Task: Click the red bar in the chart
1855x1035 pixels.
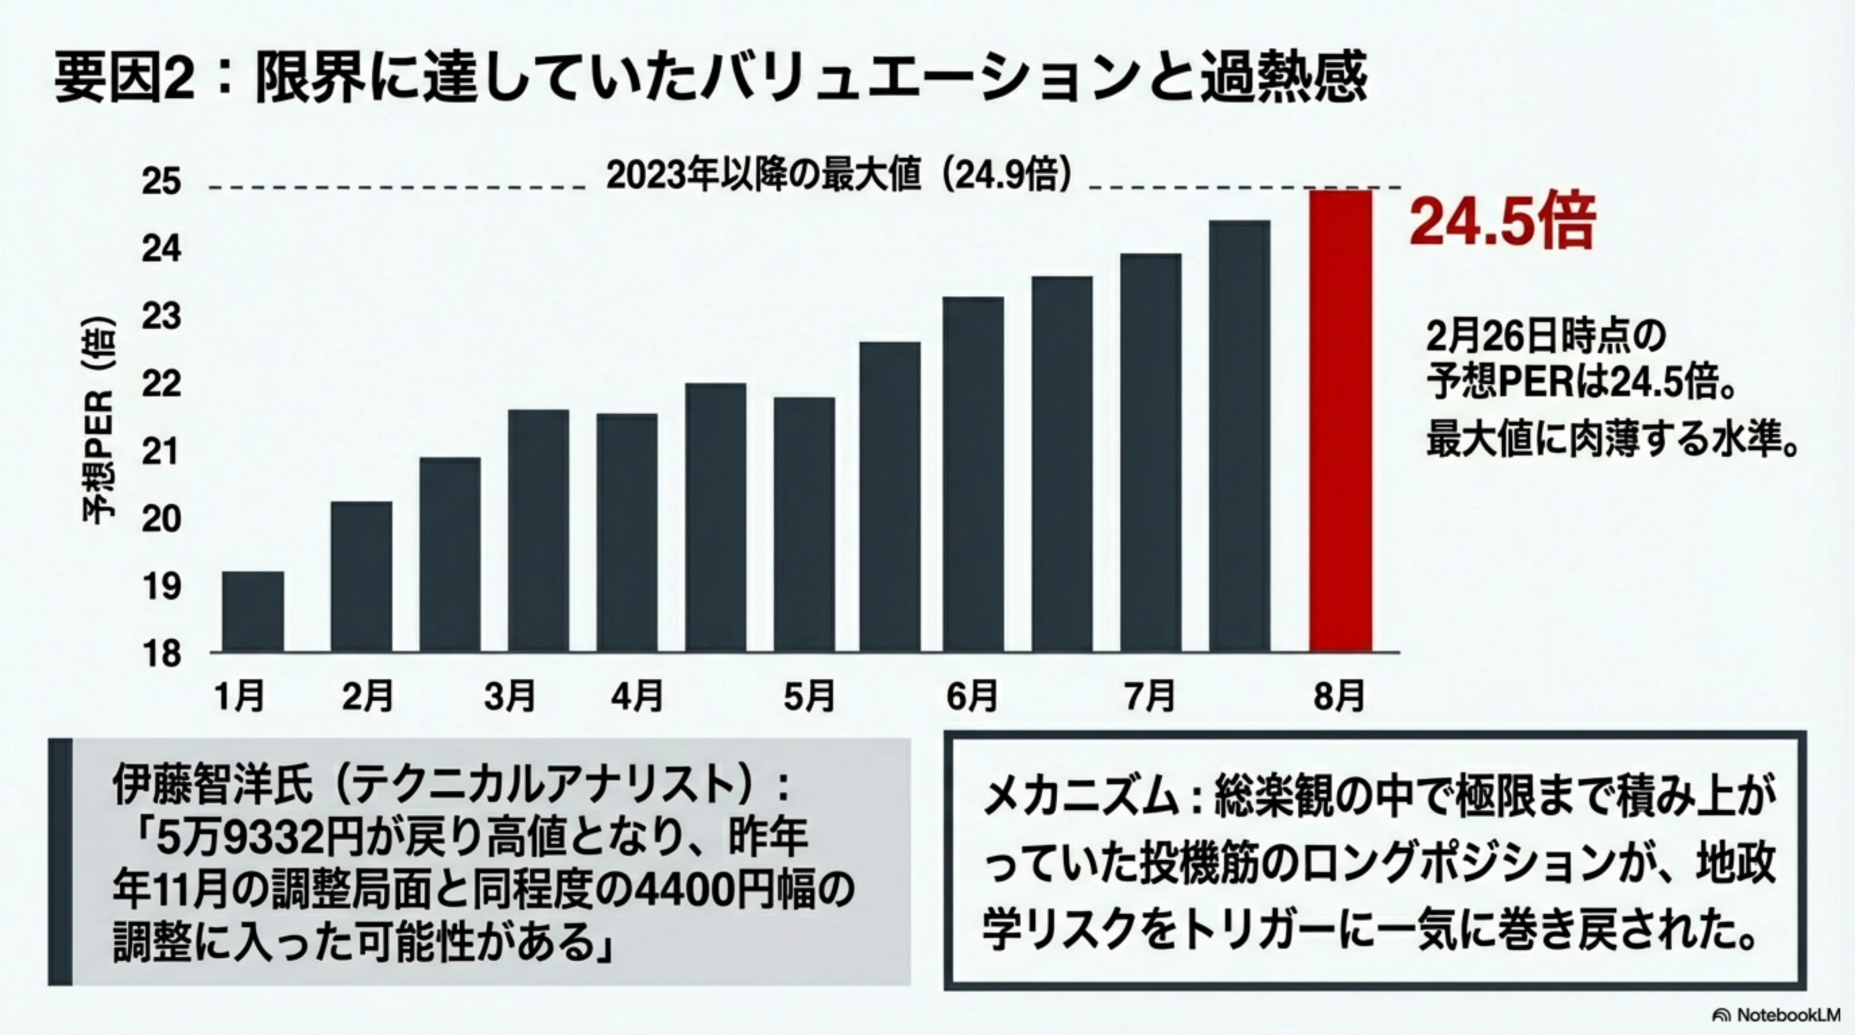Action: point(1340,420)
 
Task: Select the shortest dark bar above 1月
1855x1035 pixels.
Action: point(252,611)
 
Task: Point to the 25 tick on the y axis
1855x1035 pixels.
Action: point(161,182)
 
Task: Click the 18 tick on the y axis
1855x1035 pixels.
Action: point(161,654)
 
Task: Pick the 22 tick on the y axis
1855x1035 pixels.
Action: point(161,385)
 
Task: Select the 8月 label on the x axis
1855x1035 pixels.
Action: point(1338,697)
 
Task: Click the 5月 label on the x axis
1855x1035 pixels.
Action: point(809,697)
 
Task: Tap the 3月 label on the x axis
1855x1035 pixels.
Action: point(509,697)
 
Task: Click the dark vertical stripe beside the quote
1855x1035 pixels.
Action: point(61,862)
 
